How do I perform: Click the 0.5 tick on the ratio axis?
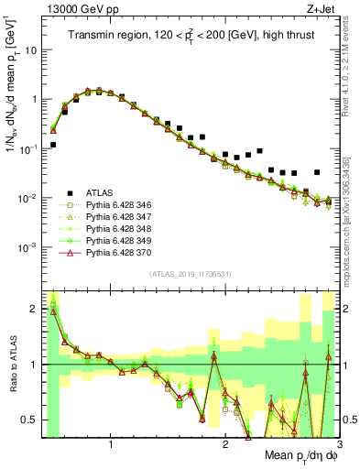pos(29,420)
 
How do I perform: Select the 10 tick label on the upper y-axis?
pos(29,50)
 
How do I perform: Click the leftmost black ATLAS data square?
pos(53,145)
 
